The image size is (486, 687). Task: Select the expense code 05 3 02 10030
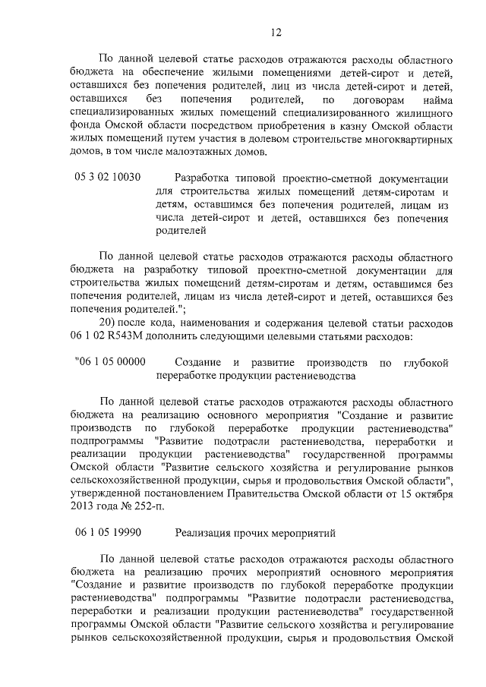coord(108,178)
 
